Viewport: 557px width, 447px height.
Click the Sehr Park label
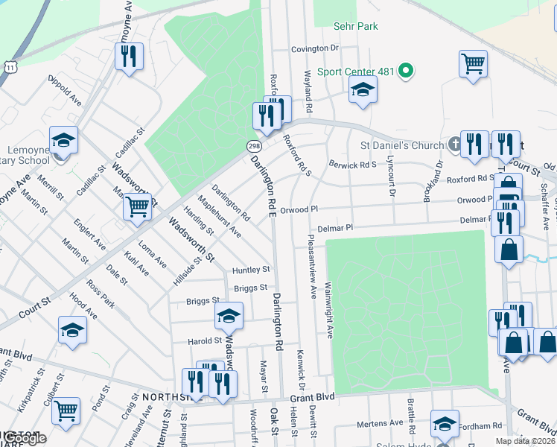pyautogui.click(x=356, y=27)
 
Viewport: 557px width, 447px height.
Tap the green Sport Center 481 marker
pyautogui.click(x=406, y=72)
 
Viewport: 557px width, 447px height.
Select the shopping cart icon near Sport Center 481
pyautogui.click(x=474, y=63)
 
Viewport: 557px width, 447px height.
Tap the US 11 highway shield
pyautogui.click(x=10, y=67)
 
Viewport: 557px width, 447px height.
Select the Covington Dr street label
pyautogui.click(x=315, y=48)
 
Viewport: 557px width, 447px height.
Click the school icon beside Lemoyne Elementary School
pyautogui.click(x=64, y=140)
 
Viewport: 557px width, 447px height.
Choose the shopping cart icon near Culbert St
pyautogui.click(x=66, y=409)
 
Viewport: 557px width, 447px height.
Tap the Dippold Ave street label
pyautogui.click(x=65, y=88)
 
